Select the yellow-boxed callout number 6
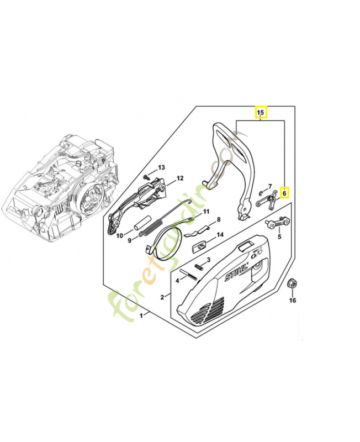[285, 193]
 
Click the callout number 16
[293, 301]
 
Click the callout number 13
[162, 167]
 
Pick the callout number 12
[180, 178]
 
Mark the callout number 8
[218, 219]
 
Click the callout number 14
[220, 235]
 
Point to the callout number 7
[270, 187]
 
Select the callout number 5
[279, 237]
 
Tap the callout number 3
[208, 260]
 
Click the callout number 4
[177, 280]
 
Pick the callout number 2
[162, 297]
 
